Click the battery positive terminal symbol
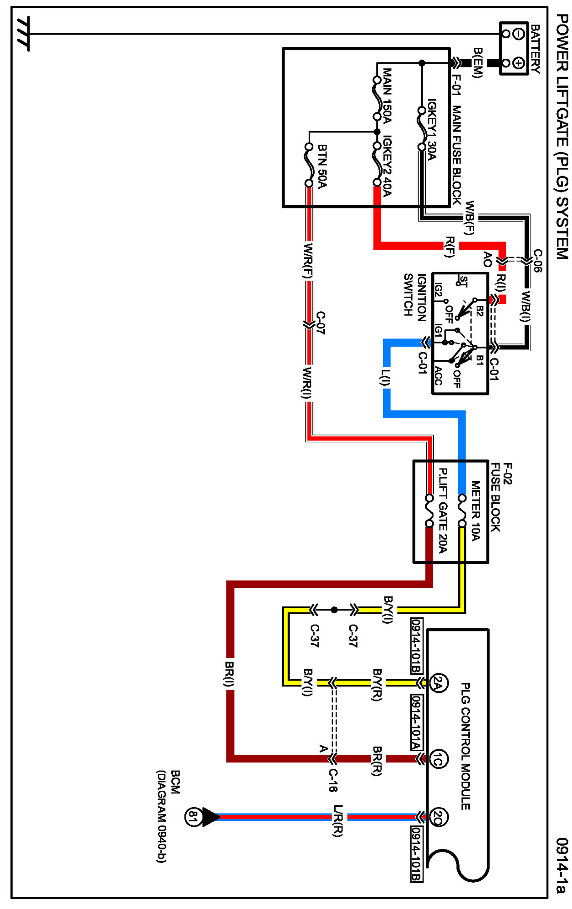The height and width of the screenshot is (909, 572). tap(519, 63)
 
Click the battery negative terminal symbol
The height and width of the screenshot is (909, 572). tap(519, 34)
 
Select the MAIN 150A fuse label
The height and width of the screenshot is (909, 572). tap(387, 96)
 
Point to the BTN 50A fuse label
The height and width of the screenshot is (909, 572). tap(322, 167)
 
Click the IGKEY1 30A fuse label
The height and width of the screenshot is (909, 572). tap(431, 129)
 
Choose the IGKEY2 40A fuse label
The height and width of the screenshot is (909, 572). tap(387, 166)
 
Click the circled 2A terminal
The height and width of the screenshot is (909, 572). tap(438, 683)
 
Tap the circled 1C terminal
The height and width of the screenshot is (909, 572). tap(438, 759)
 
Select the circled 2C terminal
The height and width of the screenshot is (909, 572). tap(438, 817)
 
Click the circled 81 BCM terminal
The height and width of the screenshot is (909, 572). tap(193, 817)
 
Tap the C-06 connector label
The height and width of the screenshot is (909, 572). tap(537, 260)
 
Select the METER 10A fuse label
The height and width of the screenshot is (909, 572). tap(475, 510)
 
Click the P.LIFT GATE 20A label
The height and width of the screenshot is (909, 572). tap(442, 510)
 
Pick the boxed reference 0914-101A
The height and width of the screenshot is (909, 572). tap(416, 722)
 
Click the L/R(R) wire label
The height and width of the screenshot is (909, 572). tap(337, 820)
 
